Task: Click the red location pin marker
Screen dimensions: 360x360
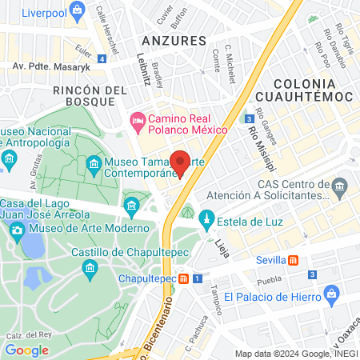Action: (180, 162)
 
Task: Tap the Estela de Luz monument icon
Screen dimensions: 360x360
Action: (206, 218)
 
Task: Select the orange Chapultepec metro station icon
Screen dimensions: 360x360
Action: (184, 278)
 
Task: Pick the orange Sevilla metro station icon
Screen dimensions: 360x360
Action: (294, 260)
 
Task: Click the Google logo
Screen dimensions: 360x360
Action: (26, 350)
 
